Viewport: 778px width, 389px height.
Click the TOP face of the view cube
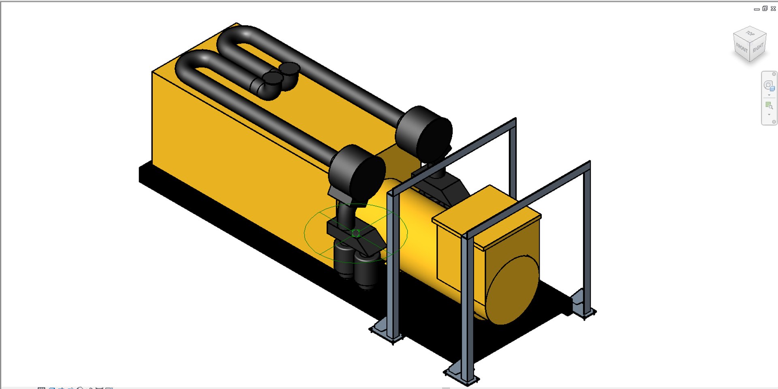[750, 34]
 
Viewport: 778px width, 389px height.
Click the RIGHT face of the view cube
[758, 48]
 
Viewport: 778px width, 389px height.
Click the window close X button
[773, 9]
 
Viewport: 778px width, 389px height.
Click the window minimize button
[757, 9]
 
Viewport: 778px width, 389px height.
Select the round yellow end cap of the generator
[512, 290]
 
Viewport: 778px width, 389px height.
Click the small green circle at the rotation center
[356, 233]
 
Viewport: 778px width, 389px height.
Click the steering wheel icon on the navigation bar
[769, 86]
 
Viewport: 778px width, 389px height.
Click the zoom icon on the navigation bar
[769, 106]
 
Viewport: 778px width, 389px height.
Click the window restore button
[765, 9]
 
